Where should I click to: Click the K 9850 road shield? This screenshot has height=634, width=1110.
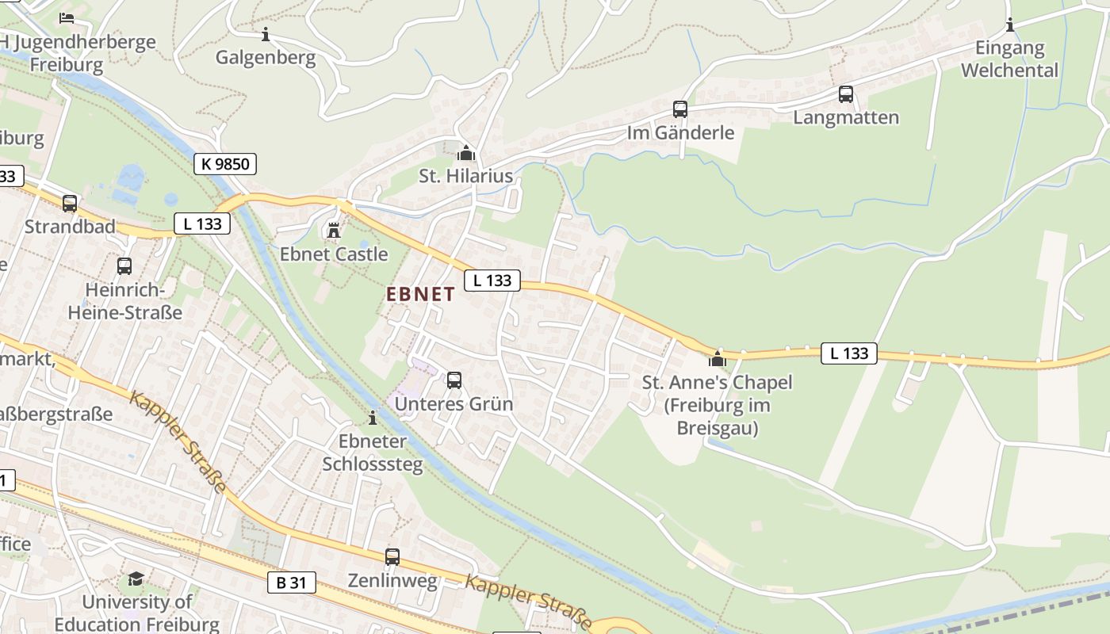[x=225, y=164]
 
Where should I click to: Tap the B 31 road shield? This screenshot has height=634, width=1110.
[x=291, y=582]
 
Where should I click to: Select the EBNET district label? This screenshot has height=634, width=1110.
[x=420, y=294]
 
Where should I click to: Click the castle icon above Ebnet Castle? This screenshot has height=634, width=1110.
[x=334, y=231]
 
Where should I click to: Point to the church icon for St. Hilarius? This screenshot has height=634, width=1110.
[x=466, y=152]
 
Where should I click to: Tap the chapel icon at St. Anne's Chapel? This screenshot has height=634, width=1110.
[x=718, y=359]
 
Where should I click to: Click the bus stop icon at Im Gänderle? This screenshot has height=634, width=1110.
[x=680, y=109]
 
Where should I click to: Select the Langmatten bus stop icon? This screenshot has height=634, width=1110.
[x=846, y=94]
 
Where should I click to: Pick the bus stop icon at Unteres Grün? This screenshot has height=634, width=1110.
[x=454, y=380]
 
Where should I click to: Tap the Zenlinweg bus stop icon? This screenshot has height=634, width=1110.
[x=392, y=557]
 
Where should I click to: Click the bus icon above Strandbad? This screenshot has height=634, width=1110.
[x=70, y=204]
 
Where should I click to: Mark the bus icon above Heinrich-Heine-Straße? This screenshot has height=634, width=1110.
[x=124, y=266]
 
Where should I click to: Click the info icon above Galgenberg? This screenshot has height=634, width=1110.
[x=266, y=34]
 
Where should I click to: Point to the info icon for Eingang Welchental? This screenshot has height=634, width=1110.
[x=1010, y=25]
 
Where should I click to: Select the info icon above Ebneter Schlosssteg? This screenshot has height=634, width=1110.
[x=373, y=418]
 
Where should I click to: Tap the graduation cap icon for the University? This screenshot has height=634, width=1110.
[x=136, y=579]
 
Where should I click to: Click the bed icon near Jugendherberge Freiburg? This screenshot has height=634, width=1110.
[x=67, y=17]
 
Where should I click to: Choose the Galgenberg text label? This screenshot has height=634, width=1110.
[x=266, y=58]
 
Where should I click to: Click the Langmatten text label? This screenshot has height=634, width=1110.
[x=846, y=118]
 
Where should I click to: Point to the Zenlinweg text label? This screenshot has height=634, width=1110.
[x=392, y=581]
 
